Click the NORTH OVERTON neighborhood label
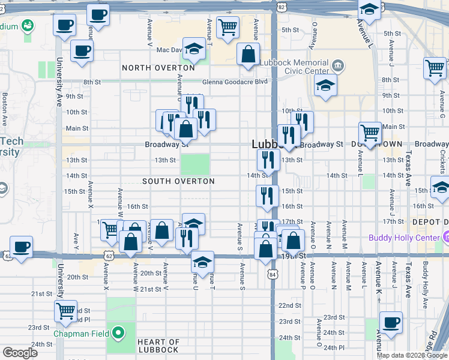click(x=158, y=68)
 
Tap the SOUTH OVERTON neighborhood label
click(x=178, y=181)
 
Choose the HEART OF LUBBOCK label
click(x=158, y=346)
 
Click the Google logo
click(x=20, y=353)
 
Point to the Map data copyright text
click(x=412, y=355)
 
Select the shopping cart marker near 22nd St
click(x=65, y=311)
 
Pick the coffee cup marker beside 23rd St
click(x=391, y=322)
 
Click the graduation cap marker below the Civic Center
click(x=325, y=85)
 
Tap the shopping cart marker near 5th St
click(x=228, y=27)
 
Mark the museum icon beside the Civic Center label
click(x=337, y=64)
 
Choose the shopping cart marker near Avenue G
click(x=435, y=68)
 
